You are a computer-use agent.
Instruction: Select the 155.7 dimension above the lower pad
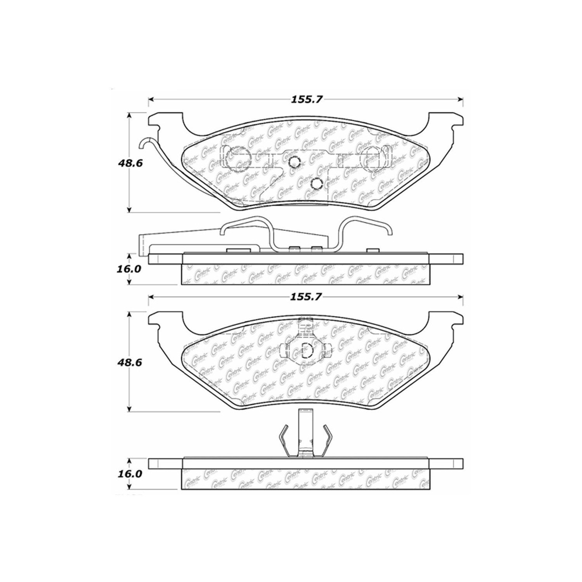[307, 297]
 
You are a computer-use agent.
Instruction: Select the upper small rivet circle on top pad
[294, 161]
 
